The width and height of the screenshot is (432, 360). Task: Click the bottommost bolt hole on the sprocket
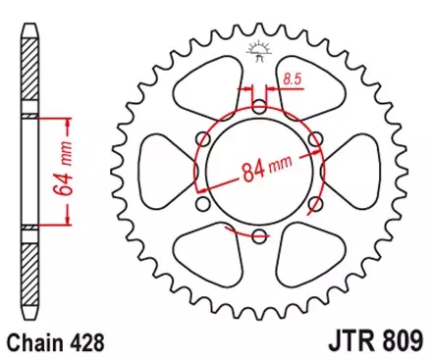click(x=259, y=236)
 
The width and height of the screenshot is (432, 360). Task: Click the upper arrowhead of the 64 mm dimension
click(x=68, y=124)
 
